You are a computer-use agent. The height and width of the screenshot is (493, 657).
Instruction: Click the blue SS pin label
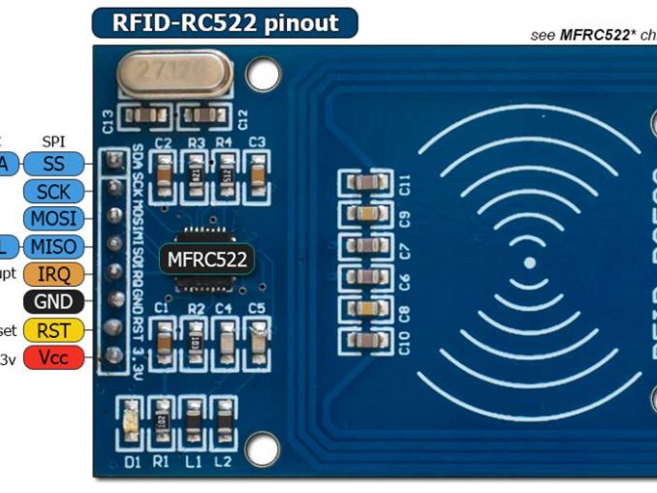point(53,164)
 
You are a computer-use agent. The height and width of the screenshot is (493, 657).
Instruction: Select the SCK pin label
point(53,191)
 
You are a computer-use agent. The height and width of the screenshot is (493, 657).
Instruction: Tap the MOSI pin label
point(53,218)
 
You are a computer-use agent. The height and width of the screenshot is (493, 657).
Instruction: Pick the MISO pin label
point(53,246)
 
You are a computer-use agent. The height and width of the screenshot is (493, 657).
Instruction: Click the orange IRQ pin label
point(53,274)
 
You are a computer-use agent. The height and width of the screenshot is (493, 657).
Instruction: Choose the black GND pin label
point(53,302)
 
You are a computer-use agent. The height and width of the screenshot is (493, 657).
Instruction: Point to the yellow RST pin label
point(53,330)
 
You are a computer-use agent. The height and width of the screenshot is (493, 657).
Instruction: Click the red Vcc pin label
point(53,357)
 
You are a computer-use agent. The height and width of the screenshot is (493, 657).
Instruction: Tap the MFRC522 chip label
point(208,259)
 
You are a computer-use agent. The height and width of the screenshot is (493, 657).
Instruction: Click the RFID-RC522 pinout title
point(224,22)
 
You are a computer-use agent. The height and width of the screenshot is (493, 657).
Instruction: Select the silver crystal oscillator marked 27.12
point(175,74)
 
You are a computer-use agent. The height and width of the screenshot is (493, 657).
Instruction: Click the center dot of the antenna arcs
point(529,262)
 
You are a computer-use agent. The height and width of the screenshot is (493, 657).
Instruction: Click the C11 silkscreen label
point(406,183)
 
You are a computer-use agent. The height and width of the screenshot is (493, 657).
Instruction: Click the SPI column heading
point(53,141)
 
